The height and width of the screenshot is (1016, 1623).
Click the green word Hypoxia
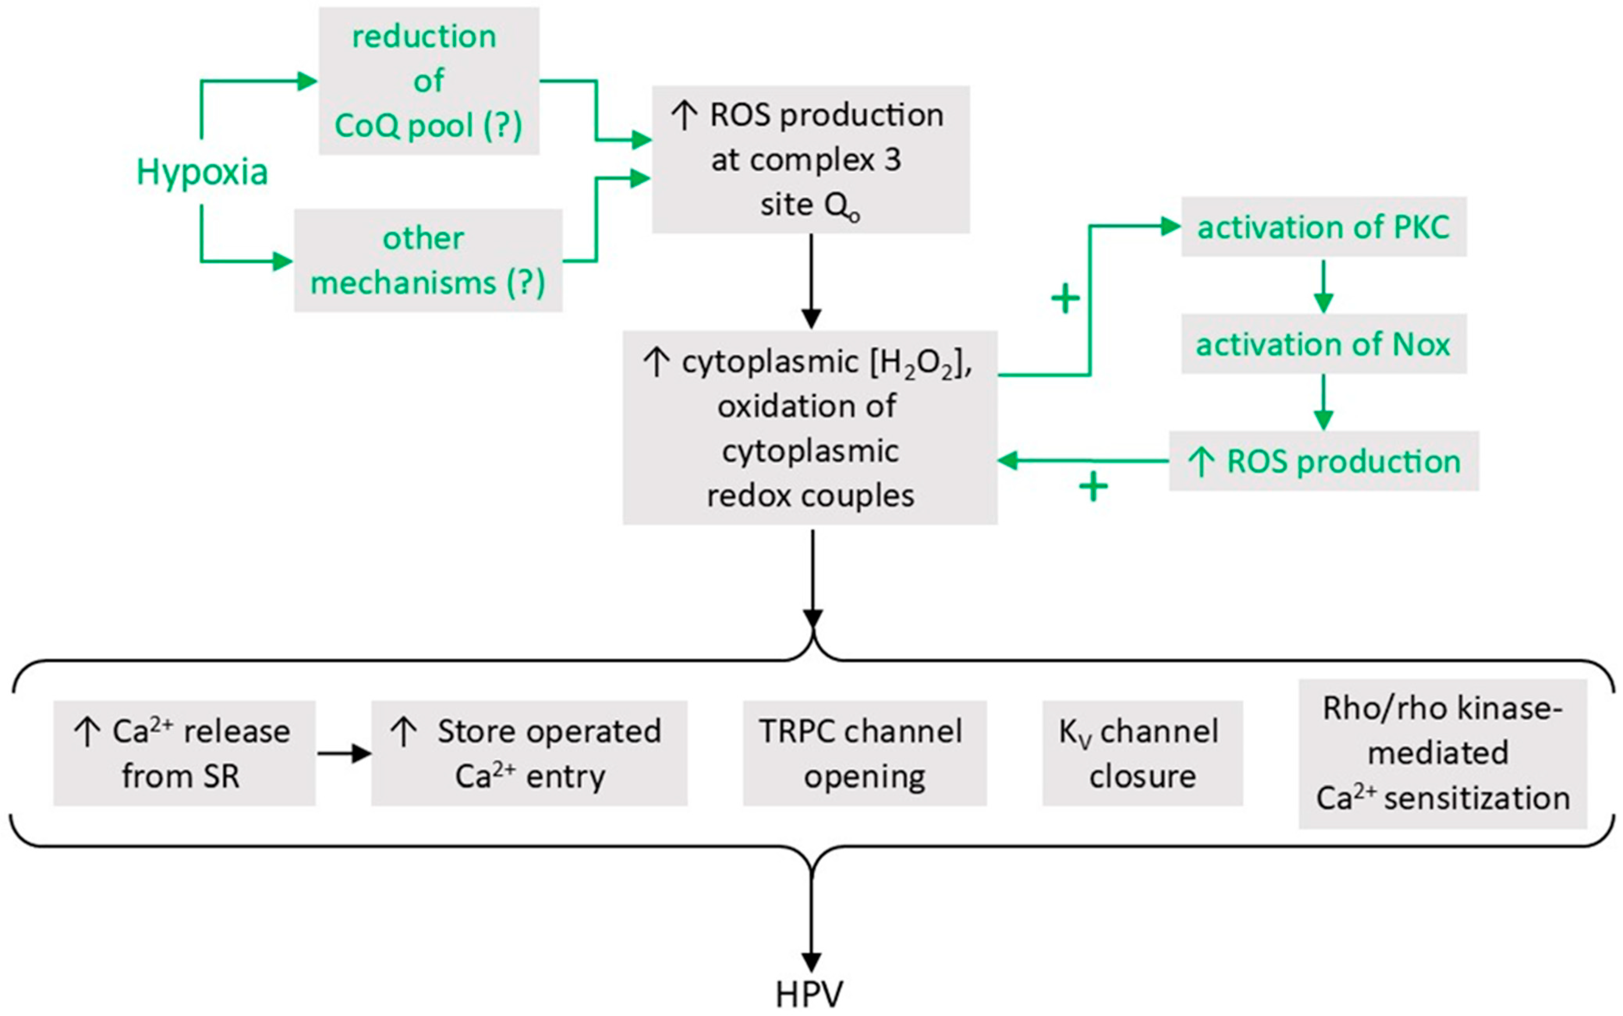click(x=202, y=172)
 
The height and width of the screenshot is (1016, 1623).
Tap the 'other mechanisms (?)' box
click(x=428, y=260)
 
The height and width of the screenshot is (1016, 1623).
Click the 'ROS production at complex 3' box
click(x=810, y=159)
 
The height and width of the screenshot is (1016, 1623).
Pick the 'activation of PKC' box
click(x=1323, y=227)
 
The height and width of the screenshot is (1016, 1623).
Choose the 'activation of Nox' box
click(x=1323, y=343)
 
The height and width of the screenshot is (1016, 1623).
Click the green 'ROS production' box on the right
click(x=1323, y=461)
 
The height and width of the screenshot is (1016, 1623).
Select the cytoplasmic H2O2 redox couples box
click(x=809, y=427)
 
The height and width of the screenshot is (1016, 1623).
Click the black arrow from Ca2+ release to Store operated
click(x=344, y=753)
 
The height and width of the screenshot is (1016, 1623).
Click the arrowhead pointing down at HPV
click(x=812, y=961)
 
